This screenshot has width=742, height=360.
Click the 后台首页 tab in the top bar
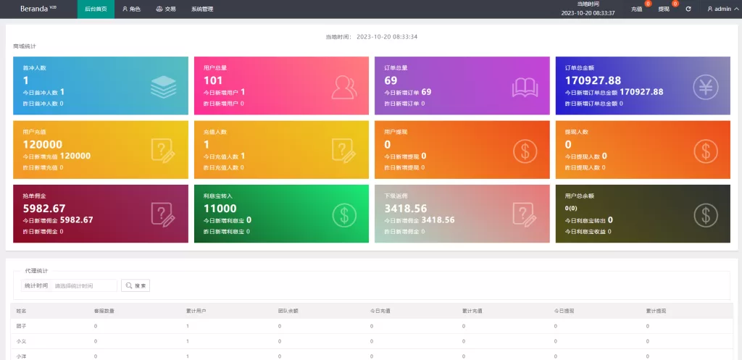coord(95,9)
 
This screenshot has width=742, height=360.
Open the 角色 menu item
coord(131,9)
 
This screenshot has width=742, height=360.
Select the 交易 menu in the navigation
coord(166,9)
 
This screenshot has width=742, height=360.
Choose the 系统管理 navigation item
coord(202,9)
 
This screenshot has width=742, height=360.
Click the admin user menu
coord(720,9)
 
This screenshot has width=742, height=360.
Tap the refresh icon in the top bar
coord(688,9)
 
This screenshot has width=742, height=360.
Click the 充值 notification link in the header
coord(637,9)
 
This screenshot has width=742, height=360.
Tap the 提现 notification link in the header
coord(664,9)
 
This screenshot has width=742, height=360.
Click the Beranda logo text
coord(34,9)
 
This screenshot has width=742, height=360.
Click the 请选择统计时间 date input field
coord(84,285)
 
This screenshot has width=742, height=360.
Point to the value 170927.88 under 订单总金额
coord(593,80)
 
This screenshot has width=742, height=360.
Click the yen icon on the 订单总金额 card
coord(705,87)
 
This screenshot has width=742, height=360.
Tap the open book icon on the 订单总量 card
coord(525,87)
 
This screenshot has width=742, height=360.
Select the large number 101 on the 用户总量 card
coord(213,80)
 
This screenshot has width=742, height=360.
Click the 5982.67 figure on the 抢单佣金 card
coord(44,209)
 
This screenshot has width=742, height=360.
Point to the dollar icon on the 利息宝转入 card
coord(344,214)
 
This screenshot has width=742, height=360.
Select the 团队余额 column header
coord(288,311)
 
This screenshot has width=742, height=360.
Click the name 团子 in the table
coord(21,326)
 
